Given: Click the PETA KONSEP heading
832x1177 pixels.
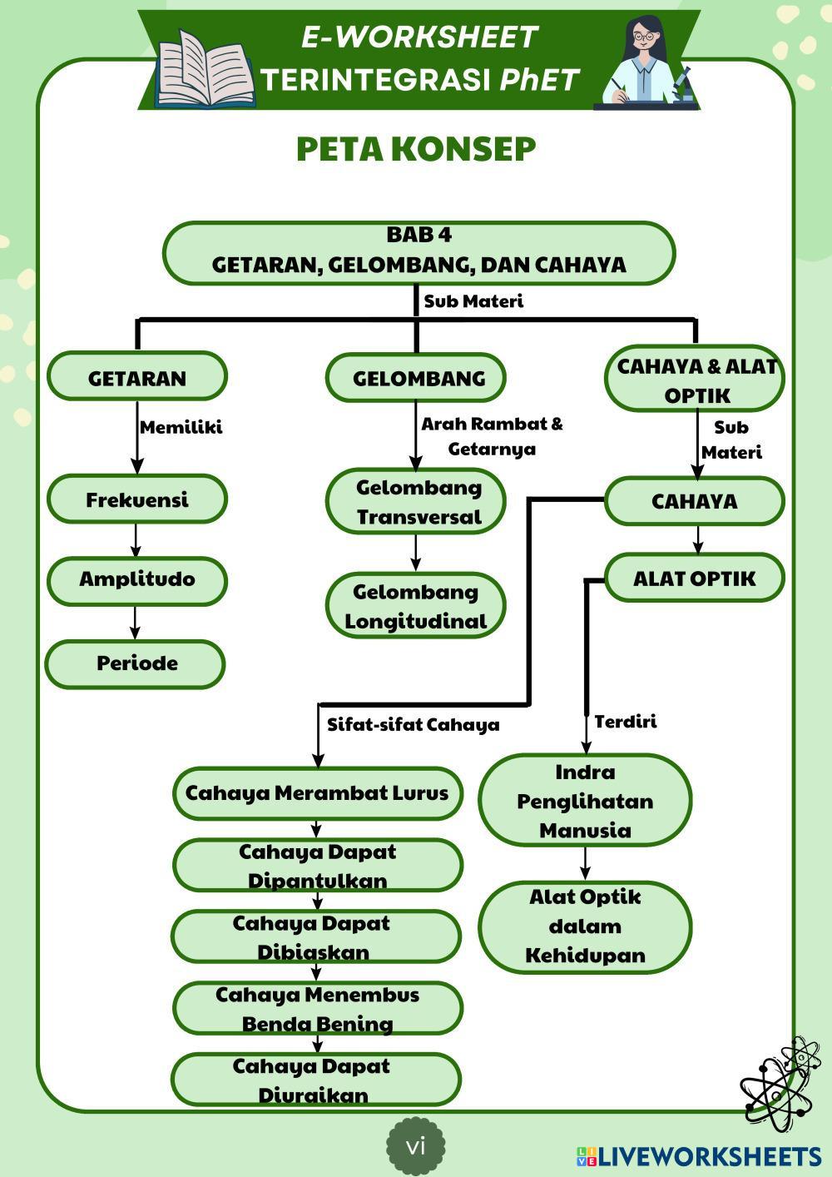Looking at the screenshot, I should tap(416, 149).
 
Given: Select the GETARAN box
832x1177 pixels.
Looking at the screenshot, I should tap(137, 377).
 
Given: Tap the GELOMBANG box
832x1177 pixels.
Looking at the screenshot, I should tap(416, 378).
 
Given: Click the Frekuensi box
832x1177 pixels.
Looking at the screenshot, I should tap(137, 499).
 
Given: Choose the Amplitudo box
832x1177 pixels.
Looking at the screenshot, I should tap(137, 579).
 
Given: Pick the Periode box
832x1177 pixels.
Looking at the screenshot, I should tap(136, 663).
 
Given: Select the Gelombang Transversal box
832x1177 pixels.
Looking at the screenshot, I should tap(416, 501).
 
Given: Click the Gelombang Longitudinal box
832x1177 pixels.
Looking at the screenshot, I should tap(416, 606).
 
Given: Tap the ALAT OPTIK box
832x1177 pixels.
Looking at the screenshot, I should tap(695, 578).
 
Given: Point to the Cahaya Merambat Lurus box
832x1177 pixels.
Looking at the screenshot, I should tap(317, 792).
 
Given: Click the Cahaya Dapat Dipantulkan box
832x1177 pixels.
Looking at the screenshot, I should tap(317, 866).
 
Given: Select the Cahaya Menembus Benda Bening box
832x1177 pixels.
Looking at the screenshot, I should tap(317, 1008).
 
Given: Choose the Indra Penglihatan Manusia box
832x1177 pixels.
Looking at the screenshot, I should tap(585, 801).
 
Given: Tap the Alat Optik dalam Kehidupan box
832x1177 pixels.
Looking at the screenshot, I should tap(585, 926).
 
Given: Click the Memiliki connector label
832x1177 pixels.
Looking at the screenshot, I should tap(181, 428).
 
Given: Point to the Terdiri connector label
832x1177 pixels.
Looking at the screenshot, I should tap(625, 722).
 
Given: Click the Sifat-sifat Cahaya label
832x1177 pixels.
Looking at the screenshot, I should tap(413, 724).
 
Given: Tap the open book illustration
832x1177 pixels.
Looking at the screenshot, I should tap(205, 70).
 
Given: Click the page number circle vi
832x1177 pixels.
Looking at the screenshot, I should tap(416, 1146).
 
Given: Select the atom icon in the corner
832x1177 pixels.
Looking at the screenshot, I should tap(780, 1083).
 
